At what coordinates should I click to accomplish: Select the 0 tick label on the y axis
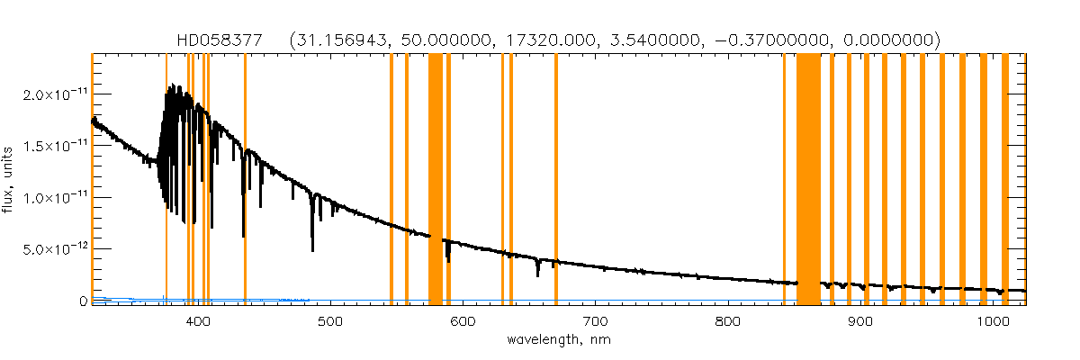coord(82,301)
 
